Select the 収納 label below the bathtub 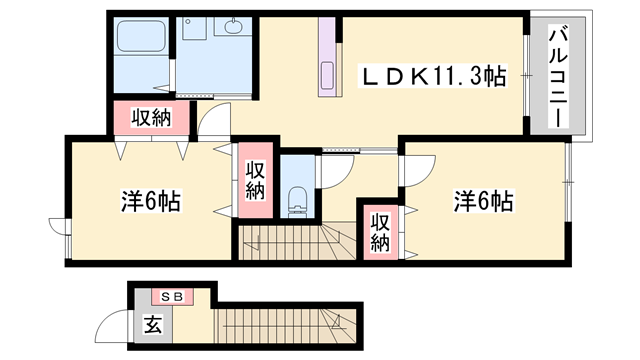point(149,118)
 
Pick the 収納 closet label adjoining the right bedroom point(380,231)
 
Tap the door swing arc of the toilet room point(335,172)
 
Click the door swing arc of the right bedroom point(414,168)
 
